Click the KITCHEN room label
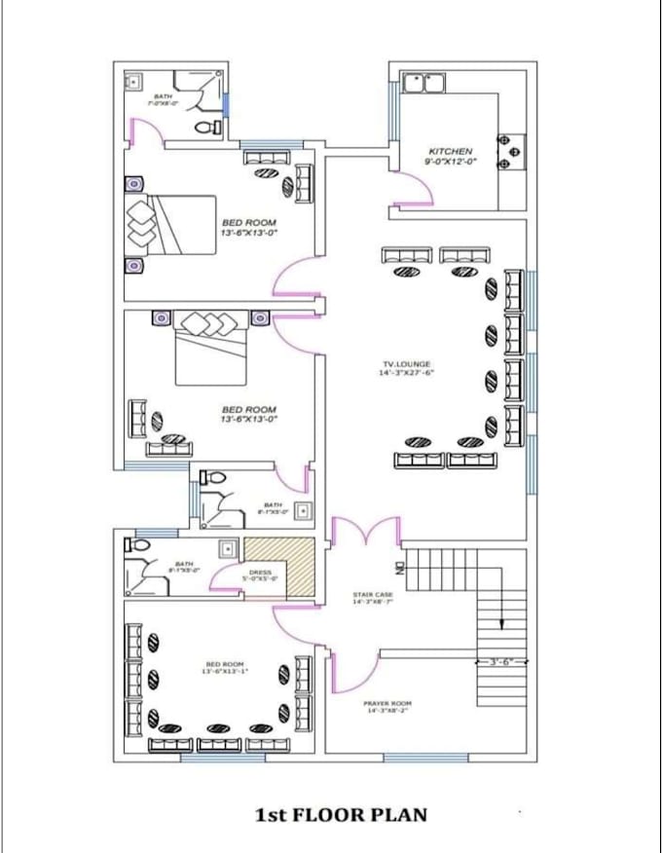(450, 152)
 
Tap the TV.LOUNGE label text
(406, 364)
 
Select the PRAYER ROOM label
(388, 703)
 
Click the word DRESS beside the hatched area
(260, 573)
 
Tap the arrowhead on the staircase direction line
(501, 626)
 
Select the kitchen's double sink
(423, 83)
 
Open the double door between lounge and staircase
(365, 534)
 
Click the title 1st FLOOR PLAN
(341, 814)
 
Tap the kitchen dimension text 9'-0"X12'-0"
(450, 163)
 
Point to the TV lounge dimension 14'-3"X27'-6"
(406, 373)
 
